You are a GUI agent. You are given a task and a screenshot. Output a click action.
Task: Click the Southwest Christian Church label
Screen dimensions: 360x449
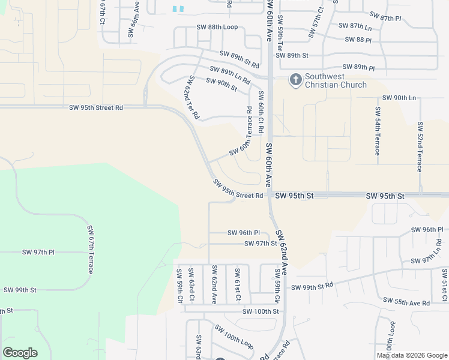[x=336, y=80]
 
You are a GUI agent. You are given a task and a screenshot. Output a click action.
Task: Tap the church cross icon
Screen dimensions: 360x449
[x=295, y=79]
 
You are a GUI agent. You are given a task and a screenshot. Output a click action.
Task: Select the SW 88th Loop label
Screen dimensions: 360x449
[x=217, y=27]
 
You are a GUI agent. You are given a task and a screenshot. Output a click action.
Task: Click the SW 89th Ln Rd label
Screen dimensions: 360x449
[x=229, y=74]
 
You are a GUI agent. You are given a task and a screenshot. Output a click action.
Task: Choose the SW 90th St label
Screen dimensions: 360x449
[x=221, y=85]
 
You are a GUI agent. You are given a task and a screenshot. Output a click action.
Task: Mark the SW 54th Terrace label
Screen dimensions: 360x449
[x=378, y=131]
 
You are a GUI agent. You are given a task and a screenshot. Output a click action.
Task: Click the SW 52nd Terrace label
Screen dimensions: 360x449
[x=420, y=147]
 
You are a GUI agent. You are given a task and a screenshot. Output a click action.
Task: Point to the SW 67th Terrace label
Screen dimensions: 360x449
[x=91, y=250]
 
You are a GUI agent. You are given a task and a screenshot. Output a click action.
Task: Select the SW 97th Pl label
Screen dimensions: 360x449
[x=38, y=253]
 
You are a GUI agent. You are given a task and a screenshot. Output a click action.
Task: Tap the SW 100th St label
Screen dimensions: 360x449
[x=261, y=311]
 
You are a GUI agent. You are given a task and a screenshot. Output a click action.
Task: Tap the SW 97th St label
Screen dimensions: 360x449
[x=261, y=244]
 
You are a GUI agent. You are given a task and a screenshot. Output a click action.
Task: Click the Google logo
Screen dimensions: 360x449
[x=20, y=353]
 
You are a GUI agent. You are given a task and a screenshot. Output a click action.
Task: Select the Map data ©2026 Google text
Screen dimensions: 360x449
[x=412, y=355]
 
